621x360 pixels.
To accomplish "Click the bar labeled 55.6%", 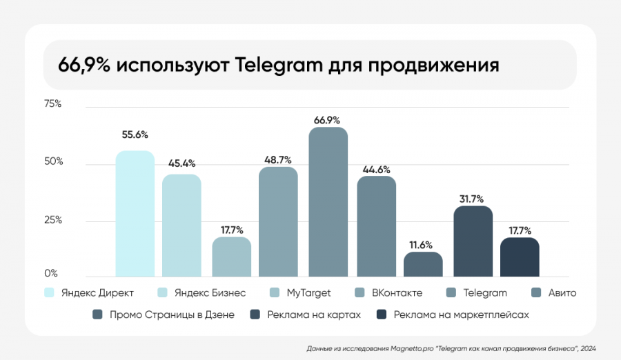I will click(x=135, y=214).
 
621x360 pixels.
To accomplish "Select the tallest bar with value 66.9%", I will click(x=328, y=202).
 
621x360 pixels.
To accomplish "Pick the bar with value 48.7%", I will click(x=278, y=221).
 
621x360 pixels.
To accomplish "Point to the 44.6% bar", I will click(x=376, y=226).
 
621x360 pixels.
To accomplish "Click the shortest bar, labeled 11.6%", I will click(x=423, y=264).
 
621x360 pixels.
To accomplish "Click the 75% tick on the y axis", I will click(x=53, y=104).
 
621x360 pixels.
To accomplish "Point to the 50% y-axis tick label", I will click(x=53, y=161).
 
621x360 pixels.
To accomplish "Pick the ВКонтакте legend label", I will click(x=397, y=292).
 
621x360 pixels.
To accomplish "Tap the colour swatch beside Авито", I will click(x=535, y=292).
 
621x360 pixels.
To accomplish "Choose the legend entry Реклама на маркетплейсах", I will click(x=461, y=314).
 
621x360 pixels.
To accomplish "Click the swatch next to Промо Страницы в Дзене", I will click(x=97, y=314).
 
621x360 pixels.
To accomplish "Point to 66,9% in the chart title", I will click(x=79, y=66).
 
